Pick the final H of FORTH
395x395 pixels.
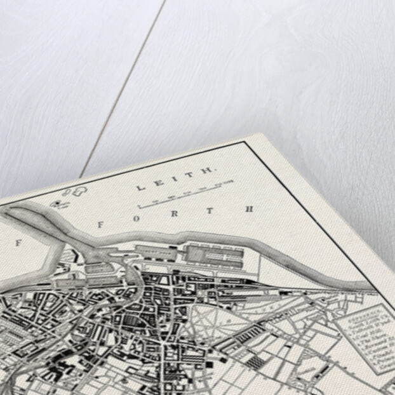tap(250, 208)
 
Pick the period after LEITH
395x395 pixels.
tap(216, 171)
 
